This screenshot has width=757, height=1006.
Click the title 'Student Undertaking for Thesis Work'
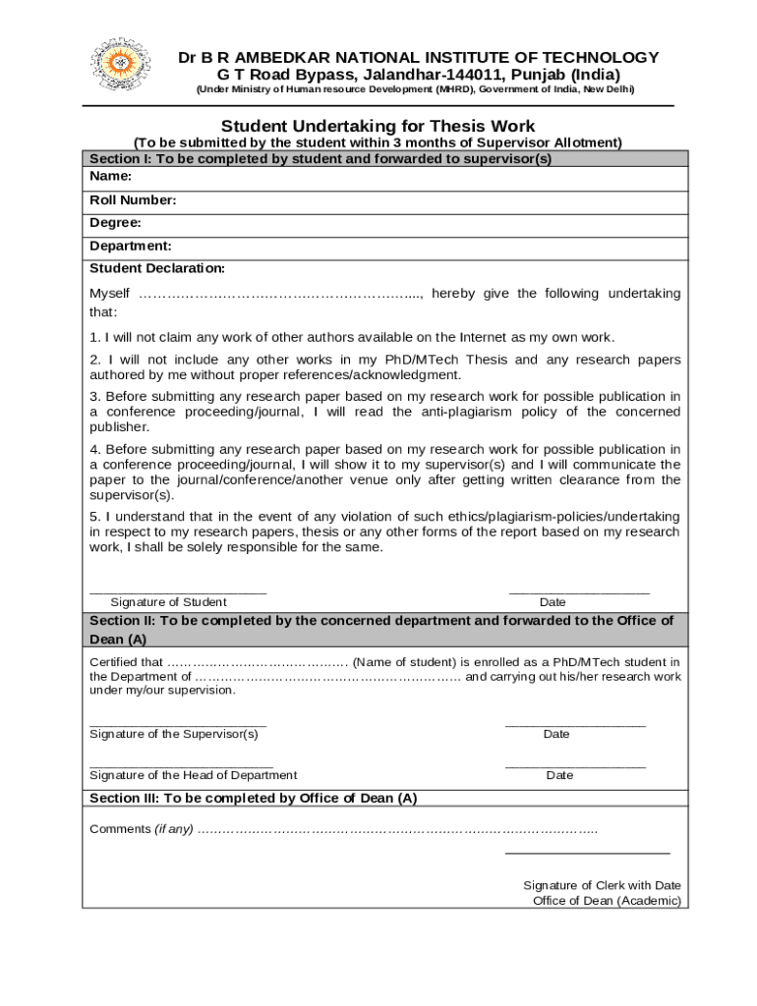(378, 126)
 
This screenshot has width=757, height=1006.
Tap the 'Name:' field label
(110, 176)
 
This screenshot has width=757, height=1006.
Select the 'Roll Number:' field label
(133, 200)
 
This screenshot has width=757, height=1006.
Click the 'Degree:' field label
(115, 223)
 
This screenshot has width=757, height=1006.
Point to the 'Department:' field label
(130, 246)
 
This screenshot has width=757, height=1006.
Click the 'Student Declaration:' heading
(157, 268)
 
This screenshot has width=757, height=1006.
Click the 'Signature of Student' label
(168, 602)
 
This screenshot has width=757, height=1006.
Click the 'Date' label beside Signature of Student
(553, 602)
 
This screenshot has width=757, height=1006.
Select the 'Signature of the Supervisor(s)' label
(174, 734)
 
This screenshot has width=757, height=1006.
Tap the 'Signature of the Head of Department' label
(193, 775)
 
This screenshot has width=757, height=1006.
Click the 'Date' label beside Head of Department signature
(559, 775)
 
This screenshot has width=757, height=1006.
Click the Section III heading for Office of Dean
(254, 798)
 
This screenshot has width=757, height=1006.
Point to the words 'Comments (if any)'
(142, 829)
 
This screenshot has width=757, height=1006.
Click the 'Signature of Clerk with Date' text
(602, 885)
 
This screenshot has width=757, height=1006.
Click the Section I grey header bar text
(320, 159)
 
